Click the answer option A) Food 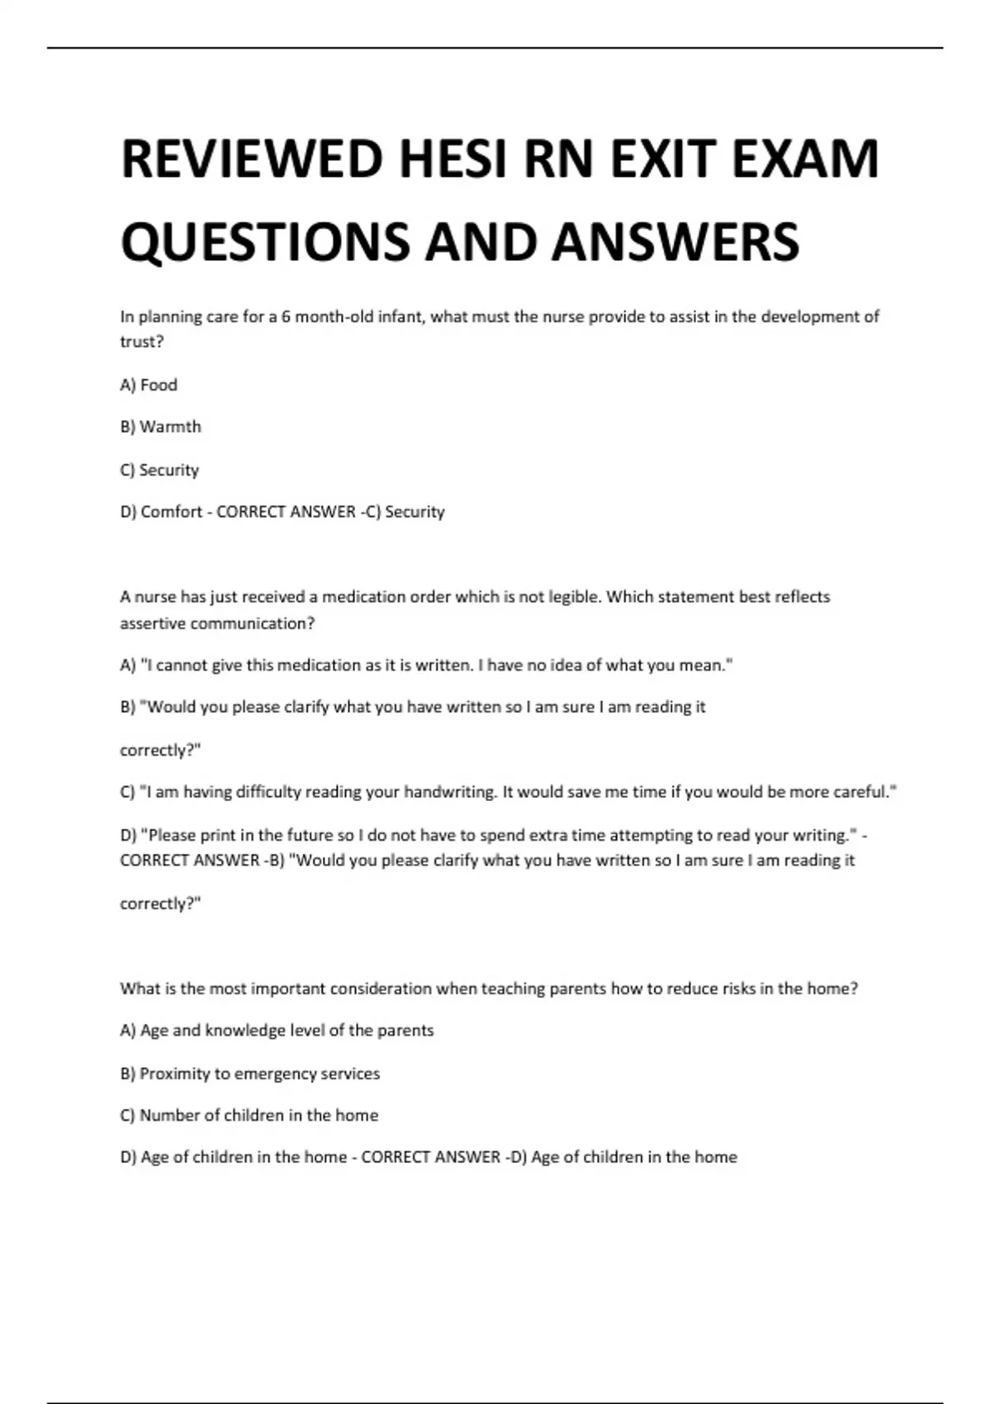coord(149,385)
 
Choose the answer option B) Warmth coord(160,427)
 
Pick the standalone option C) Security coord(159,470)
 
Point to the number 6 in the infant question coord(286,316)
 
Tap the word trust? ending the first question coord(142,342)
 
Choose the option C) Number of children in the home coord(249,1116)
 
